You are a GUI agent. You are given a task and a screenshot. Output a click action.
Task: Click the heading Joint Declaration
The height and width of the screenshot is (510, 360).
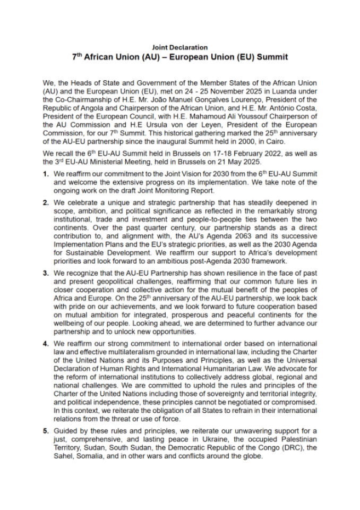coord(179,47)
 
